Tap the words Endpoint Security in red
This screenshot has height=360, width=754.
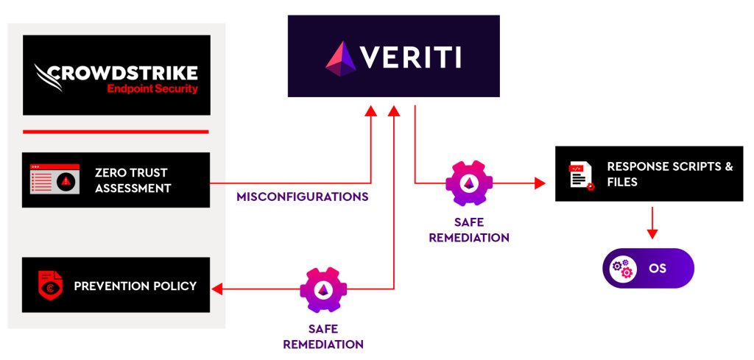click(152, 89)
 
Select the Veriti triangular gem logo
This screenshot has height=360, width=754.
click(341, 57)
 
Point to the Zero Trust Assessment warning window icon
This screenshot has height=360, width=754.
click(54, 180)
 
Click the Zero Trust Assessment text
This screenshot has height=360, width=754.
click(133, 180)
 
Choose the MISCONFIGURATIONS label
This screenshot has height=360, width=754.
click(303, 197)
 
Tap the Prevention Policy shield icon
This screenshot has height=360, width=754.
click(49, 285)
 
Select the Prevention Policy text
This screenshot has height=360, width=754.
click(135, 285)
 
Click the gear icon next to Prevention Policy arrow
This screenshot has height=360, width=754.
click(322, 290)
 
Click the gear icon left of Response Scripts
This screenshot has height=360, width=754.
click(468, 183)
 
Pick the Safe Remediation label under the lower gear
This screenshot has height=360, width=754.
click(323, 336)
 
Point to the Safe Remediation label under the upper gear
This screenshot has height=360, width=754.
click(468, 230)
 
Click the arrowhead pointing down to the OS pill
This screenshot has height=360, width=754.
click(652, 233)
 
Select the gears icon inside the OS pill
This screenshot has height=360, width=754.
click(622, 268)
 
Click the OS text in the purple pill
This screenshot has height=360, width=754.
click(658, 268)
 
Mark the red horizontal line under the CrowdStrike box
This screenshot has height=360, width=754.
click(116, 132)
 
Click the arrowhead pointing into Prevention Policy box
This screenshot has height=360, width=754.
click(216, 289)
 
